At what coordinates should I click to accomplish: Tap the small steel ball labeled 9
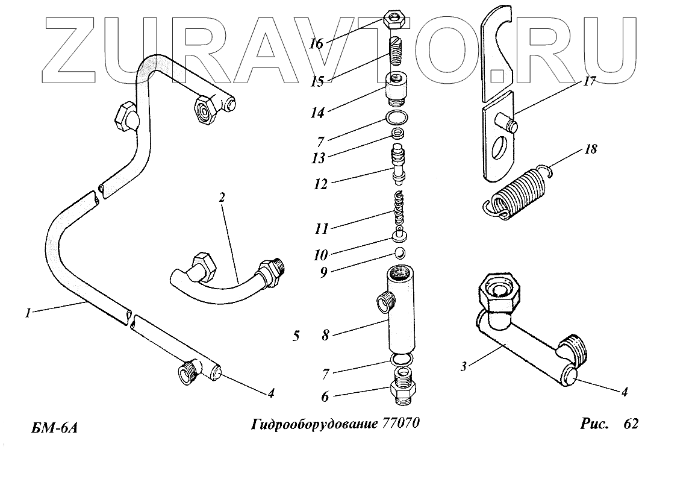coord(399,251)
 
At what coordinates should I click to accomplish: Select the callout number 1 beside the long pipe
coord(28,312)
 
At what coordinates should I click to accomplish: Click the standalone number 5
coord(296,336)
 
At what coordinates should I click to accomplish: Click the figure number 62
coord(631,424)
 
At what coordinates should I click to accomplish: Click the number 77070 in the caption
coord(400,424)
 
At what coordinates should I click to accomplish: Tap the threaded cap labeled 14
coord(396,88)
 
